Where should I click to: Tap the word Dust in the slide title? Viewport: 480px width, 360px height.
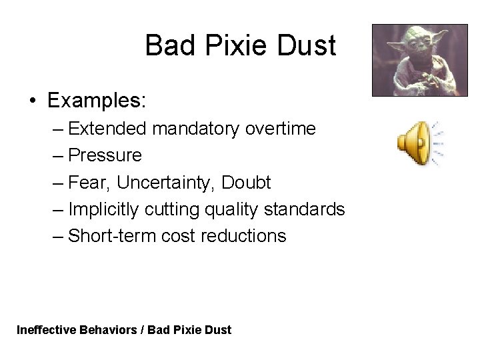pos(308,46)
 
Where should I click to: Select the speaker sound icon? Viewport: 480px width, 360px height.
pos(418,143)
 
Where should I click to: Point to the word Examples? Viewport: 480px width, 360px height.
pos(97,101)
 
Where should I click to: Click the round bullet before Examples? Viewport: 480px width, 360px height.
pos(33,102)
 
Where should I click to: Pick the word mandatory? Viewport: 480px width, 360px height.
pos(195,129)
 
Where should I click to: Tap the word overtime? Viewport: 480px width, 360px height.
pos(279,129)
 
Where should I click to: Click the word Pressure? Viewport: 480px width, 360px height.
pos(105,155)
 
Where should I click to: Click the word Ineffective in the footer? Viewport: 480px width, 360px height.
pos(45,329)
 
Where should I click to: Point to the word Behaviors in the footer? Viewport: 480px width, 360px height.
pos(107,329)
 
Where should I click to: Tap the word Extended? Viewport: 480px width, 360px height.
pos(107,129)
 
